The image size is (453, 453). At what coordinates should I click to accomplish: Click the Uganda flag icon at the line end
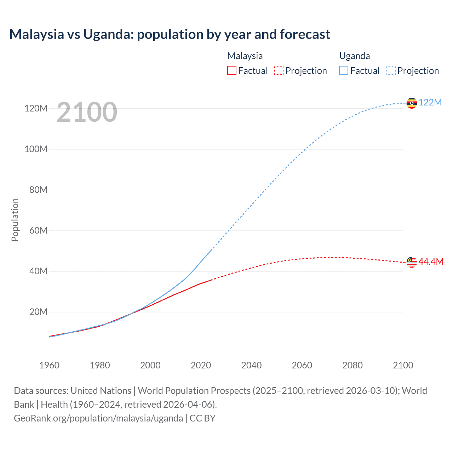click(x=412, y=103)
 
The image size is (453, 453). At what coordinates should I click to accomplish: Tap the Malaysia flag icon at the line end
click(x=412, y=262)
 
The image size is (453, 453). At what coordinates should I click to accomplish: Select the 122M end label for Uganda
click(x=430, y=102)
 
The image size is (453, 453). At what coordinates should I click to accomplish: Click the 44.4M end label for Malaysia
click(x=431, y=262)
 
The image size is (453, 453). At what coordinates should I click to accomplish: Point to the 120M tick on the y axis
click(x=36, y=108)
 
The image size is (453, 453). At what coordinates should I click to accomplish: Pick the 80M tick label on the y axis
click(x=38, y=190)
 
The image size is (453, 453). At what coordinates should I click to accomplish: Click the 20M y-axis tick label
click(x=38, y=312)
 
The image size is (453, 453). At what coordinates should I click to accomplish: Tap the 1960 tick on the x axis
click(x=49, y=365)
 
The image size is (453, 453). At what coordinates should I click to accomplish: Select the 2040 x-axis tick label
click(x=251, y=365)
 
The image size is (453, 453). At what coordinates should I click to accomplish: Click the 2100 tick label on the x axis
click(x=403, y=365)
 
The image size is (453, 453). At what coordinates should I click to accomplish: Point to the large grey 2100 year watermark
click(x=87, y=112)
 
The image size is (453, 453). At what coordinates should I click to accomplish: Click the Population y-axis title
click(x=15, y=220)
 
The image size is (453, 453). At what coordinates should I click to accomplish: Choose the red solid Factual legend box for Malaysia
click(x=231, y=70)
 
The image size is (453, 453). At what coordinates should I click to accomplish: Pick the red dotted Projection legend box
click(x=279, y=70)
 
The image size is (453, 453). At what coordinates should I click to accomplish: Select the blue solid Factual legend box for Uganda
click(x=344, y=70)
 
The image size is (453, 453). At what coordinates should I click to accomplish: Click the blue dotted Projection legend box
click(x=391, y=70)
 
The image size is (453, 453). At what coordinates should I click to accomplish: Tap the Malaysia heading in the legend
click(x=245, y=56)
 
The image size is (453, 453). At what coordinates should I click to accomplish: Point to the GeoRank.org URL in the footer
click(x=98, y=418)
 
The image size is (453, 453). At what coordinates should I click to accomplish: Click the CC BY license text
click(x=202, y=418)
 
